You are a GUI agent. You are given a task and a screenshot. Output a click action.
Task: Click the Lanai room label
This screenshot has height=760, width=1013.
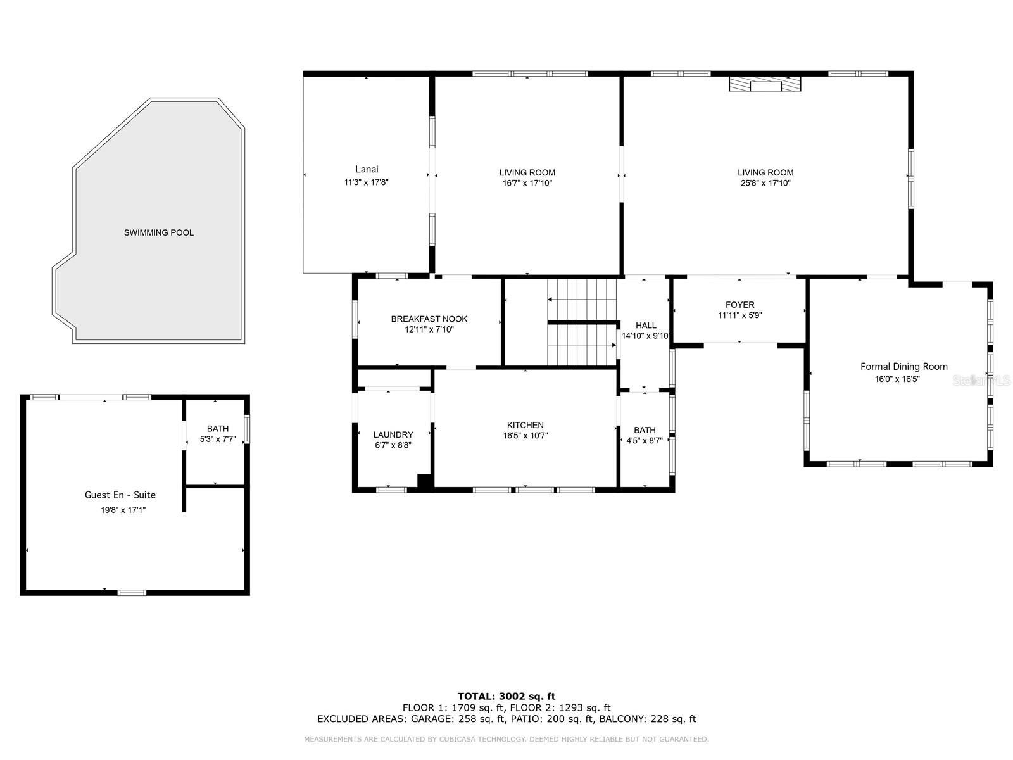tap(367, 169)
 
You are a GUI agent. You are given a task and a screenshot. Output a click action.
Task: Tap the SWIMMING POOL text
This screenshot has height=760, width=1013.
tap(159, 232)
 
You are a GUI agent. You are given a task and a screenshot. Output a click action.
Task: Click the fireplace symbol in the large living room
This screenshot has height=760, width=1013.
tap(765, 84)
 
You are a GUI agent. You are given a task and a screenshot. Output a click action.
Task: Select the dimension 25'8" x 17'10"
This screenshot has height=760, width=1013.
tap(765, 183)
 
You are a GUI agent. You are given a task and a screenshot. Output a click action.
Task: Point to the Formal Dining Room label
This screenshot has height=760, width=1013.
tap(903, 366)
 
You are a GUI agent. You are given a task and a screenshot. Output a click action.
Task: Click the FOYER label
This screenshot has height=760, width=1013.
tap(739, 305)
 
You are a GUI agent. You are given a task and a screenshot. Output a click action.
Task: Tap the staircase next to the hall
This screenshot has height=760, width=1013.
tap(581, 323)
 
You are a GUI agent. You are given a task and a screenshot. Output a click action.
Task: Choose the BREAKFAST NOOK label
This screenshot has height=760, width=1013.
tap(429, 319)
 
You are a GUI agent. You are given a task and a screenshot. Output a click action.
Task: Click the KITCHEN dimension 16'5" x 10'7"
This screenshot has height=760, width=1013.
tap(525, 436)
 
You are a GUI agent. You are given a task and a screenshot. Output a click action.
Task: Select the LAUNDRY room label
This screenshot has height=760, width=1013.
tap(393, 434)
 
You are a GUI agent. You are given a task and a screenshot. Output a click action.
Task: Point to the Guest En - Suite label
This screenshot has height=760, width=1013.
tap(120, 495)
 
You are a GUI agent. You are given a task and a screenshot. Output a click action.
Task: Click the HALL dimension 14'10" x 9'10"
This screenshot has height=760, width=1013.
tap(646, 336)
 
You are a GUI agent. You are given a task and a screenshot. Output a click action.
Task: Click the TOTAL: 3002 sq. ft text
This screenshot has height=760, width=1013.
tap(507, 696)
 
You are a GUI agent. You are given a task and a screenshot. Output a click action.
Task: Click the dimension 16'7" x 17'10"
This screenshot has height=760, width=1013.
tap(527, 183)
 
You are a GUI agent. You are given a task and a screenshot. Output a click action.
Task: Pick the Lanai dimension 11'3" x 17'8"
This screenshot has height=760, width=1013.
tap(366, 182)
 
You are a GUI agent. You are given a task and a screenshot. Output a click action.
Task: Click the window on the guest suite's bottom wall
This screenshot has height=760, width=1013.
tap(132, 593)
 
